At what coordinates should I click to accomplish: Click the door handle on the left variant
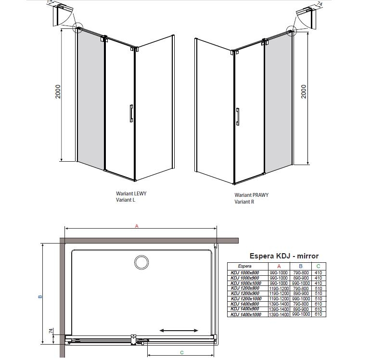(131, 114)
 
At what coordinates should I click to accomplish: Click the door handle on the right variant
(237, 116)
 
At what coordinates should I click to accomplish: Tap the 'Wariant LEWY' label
(131, 193)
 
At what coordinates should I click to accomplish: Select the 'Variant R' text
(244, 202)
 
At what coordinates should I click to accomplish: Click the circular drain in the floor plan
(141, 262)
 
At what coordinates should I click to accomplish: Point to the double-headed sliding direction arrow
(179, 331)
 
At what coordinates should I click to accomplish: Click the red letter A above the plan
(137, 226)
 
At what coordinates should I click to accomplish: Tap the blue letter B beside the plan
(40, 296)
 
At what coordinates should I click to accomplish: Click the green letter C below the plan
(182, 352)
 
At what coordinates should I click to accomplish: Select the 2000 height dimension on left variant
(58, 91)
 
